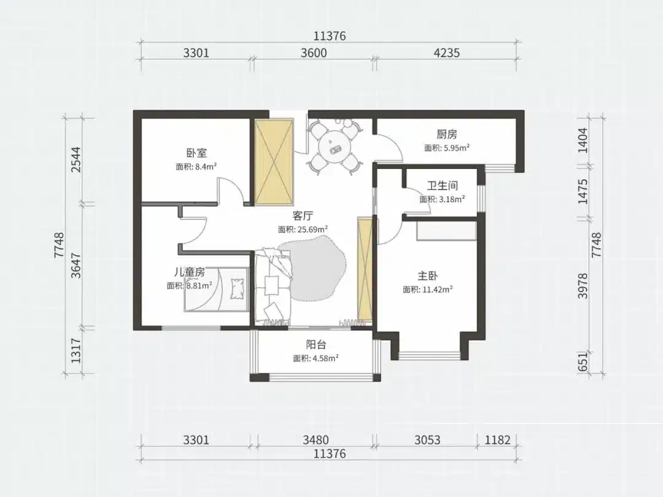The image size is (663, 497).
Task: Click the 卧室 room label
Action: (x=196, y=153)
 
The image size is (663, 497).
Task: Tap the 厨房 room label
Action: (x=447, y=134)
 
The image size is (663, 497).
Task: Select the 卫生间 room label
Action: (x=442, y=185)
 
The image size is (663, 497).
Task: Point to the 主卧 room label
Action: (x=427, y=276)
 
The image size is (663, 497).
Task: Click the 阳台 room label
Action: (x=316, y=345)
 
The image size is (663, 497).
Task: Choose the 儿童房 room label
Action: (x=190, y=272)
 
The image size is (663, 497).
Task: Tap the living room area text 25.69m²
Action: (x=312, y=229)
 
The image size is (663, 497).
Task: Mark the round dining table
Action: (x=336, y=146)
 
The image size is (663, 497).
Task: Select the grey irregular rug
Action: (x=313, y=269)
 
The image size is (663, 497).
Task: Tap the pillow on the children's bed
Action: (x=238, y=288)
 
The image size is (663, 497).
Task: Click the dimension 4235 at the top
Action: (x=446, y=53)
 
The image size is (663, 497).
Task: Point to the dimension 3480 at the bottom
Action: (x=316, y=440)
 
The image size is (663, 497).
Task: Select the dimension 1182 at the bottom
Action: (x=497, y=440)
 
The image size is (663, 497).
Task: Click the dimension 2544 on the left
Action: (x=76, y=160)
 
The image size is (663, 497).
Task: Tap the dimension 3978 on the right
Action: (x=583, y=286)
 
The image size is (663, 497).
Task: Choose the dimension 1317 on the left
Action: (x=76, y=351)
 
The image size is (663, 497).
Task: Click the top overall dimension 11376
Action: (x=330, y=36)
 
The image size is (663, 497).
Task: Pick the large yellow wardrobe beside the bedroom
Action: (x=274, y=163)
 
